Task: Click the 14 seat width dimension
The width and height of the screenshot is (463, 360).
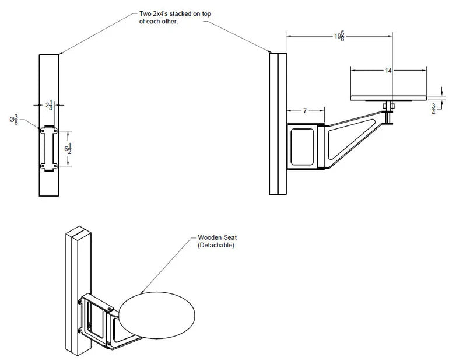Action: [x=388, y=70]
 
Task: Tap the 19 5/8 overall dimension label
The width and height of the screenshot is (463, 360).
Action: [x=338, y=37]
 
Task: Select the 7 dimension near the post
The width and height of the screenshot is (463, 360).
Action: [x=305, y=111]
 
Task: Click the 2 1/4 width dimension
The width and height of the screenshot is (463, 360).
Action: [x=50, y=106]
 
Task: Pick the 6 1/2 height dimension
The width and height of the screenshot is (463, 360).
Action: [x=68, y=148]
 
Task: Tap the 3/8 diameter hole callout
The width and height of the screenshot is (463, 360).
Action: [x=16, y=120]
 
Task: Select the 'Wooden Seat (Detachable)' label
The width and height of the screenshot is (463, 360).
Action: [x=216, y=242]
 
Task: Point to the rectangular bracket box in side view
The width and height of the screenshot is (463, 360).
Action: [x=304, y=146]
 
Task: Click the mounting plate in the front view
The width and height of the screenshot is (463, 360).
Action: [x=49, y=149]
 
